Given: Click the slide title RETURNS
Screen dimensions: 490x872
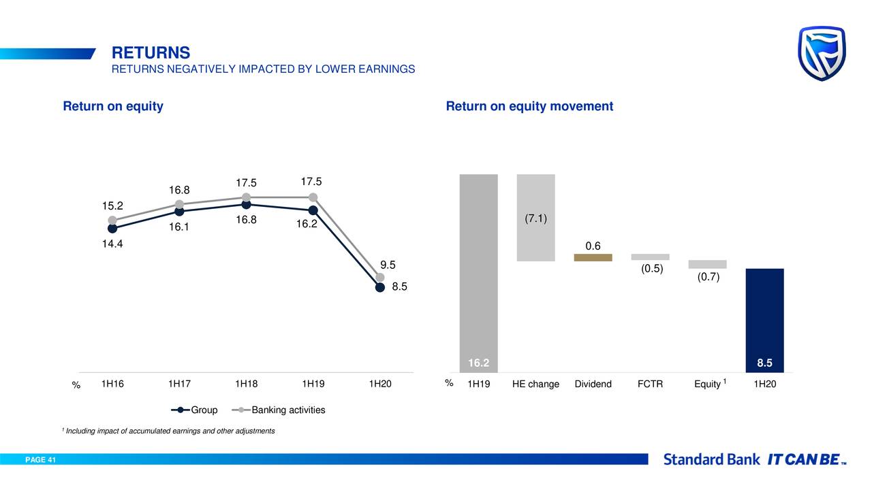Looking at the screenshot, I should coord(151,52).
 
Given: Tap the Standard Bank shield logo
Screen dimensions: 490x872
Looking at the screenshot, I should coord(822,53).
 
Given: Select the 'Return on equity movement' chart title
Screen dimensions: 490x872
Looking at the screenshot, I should coord(529,106).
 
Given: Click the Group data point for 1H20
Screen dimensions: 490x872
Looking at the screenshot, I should coord(380,287).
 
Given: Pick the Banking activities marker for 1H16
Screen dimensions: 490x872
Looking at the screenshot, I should coord(112,220).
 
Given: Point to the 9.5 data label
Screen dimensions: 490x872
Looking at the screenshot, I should coord(388,265).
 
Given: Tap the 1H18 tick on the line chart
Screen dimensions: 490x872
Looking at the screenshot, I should coord(246,384).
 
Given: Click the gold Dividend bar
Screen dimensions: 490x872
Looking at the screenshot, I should coord(593,258).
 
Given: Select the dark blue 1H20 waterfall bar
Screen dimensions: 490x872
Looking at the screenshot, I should coord(764,320).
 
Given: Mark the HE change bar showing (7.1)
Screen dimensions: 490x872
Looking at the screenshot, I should coord(535,218).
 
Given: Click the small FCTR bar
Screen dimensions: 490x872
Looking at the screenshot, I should coord(650,257).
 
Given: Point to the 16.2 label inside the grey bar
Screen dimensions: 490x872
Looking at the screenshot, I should coord(478,363).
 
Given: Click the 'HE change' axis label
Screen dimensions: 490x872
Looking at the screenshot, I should coord(535,384).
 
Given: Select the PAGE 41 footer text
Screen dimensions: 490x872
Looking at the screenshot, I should coord(41,460).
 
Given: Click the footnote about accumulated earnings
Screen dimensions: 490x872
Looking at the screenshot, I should coord(169,431).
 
